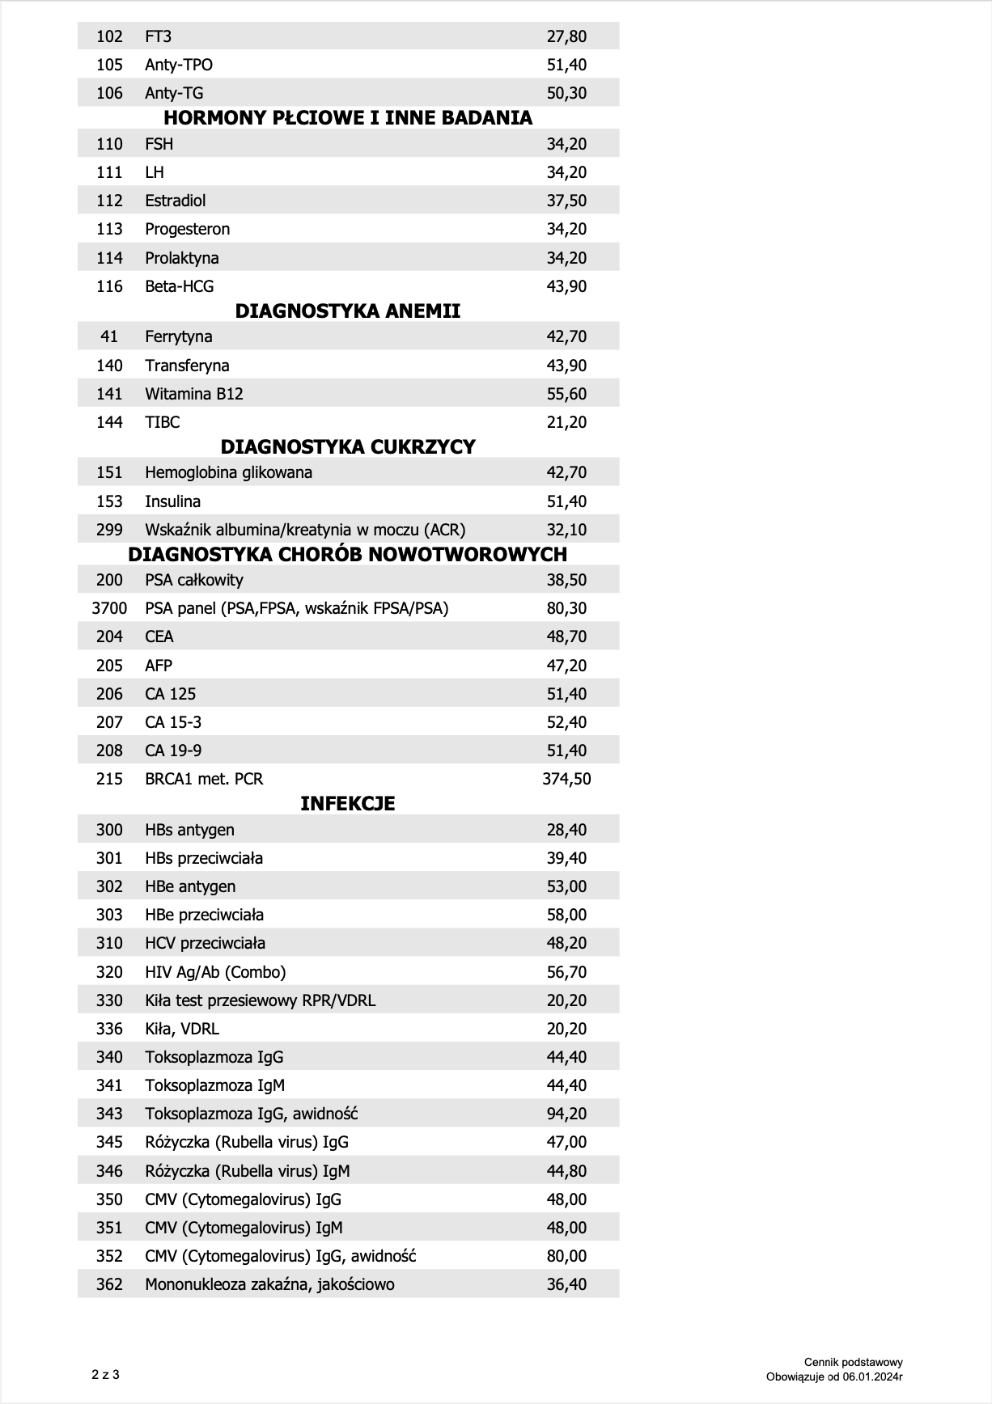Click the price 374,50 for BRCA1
coord(566,779)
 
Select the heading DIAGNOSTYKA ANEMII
coord(348,311)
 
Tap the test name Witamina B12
coord(194,394)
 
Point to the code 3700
coord(109,608)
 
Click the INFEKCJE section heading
coord(348,804)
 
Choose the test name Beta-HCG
coord(180,286)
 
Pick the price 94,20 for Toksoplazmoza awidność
coord(566,1114)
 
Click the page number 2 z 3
coord(105,1374)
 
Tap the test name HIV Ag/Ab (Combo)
coord(215,972)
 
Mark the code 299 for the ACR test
coord(109,530)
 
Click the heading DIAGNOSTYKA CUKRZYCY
coord(348,447)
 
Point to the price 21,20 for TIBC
coord(566,422)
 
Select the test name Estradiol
coord(176,201)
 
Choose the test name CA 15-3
coord(173,722)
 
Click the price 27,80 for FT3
coord(566,36)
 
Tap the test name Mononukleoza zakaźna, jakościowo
coord(269,1284)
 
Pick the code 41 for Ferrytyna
coord(109,336)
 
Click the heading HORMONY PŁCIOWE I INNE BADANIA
coord(348,118)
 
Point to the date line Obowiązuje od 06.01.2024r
coord(835,1377)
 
